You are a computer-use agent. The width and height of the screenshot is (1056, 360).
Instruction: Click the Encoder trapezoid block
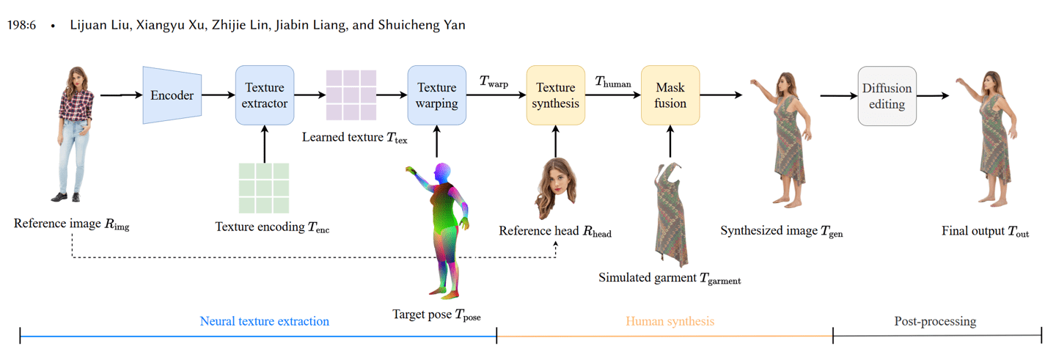pyautogui.click(x=172, y=95)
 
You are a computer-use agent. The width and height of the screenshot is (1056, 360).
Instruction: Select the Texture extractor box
pyautogui.click(x=264, y=95)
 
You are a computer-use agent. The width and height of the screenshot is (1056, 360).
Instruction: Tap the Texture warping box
pyautogui.click(x=436, y=95)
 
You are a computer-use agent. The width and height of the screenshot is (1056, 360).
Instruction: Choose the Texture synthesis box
pyautogui.click(x=555, y=95)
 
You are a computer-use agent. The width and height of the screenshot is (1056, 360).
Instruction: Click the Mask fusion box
pyautogui.click(x=670, y=95)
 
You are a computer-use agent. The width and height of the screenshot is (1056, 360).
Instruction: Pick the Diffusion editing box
pyautogui.click(x=887, y=95)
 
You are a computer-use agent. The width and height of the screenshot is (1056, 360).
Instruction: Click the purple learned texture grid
pyautogui.click(x=351, y=95)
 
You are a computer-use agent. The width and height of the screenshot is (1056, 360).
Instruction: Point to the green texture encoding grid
pyautogui.click(x=264, y=188)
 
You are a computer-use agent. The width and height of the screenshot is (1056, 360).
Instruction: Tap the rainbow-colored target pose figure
pyautogui.click(x=441, y=231)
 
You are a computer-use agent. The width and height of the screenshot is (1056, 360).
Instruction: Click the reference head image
pyautogui.click(x=555, y=183)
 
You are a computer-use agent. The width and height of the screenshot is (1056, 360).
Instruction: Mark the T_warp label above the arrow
pyautogui.click(x=494, y=82)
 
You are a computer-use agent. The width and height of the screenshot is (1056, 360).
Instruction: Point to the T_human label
pyautogui.click(x=612, y=82)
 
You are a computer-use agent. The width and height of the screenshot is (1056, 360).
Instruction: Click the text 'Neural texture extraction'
pyautogui.click(x=265, y=321)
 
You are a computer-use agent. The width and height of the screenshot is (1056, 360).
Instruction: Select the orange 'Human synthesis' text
pyautogui.click(x=670, y=321)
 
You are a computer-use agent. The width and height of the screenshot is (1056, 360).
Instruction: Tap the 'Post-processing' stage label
pyautogui.click(x=935, y=321)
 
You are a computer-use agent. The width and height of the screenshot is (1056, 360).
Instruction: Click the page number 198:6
pyautogui.click(x=21, y=25)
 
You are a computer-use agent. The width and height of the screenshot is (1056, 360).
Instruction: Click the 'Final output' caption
pyautogui.click(x=985, y=232)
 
